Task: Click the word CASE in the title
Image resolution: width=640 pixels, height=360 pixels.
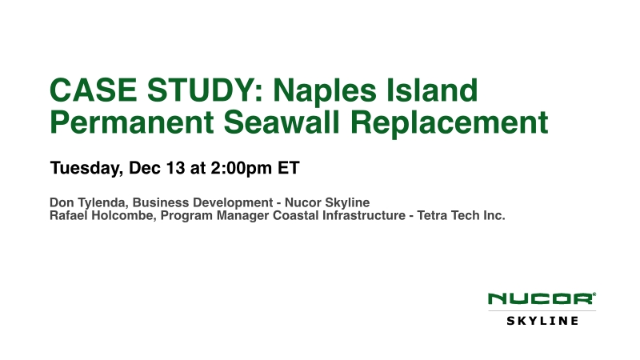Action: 94,90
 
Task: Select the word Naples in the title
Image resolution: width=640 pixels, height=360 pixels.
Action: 325,90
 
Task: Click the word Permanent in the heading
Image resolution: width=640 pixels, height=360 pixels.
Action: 132,122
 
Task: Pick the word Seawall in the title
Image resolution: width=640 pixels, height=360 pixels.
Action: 282,122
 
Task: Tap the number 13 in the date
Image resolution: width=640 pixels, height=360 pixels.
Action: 175,168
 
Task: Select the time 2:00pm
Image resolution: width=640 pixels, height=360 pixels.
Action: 242,168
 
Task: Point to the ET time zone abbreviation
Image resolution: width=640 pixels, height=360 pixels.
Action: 289,168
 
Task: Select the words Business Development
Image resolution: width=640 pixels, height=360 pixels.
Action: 202,203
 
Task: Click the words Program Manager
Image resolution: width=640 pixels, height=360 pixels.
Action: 214,216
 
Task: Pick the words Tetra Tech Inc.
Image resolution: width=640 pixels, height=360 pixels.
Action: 462,215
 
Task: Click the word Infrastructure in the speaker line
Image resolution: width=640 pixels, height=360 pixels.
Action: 364,215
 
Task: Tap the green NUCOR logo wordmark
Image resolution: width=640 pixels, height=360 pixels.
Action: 542,298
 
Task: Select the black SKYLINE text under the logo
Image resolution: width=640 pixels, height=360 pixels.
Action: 542,321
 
